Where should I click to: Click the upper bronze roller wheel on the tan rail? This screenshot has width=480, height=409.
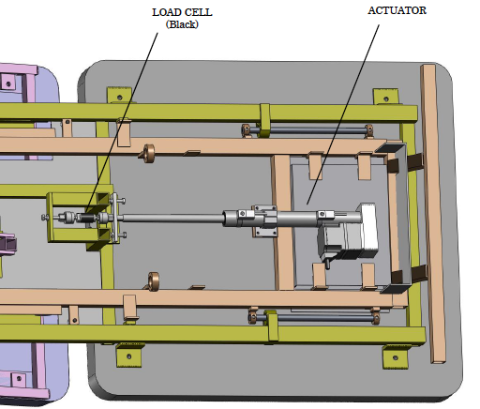148,152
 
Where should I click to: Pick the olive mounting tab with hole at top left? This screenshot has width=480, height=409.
120,96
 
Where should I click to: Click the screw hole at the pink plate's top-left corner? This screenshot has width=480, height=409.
9,83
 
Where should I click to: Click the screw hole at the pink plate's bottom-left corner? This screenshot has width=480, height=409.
16,379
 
